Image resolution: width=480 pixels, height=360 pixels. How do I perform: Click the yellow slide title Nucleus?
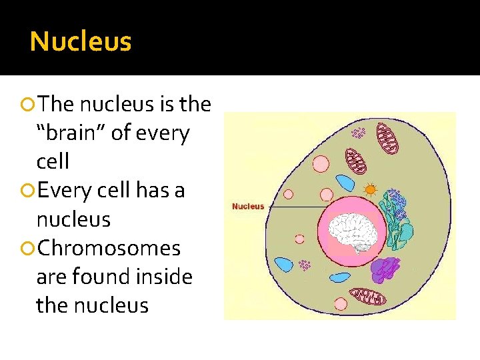tap(81, 42)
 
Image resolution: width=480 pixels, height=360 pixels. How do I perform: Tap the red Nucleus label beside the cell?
tap(247, 206)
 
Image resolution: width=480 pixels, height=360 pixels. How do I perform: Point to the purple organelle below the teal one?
tap(385, 268)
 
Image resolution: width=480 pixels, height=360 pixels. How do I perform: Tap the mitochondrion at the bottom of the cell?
tap(368, 296)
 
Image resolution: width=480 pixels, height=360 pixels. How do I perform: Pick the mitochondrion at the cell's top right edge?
tap(388, 141)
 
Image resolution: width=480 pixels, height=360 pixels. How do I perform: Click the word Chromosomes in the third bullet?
tap(109, 248)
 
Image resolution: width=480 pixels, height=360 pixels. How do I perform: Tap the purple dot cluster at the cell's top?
tap(359, 133)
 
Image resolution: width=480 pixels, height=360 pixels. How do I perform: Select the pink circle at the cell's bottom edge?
tap(341, 304)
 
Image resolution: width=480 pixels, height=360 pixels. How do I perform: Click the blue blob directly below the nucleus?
tap(340, 277)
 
